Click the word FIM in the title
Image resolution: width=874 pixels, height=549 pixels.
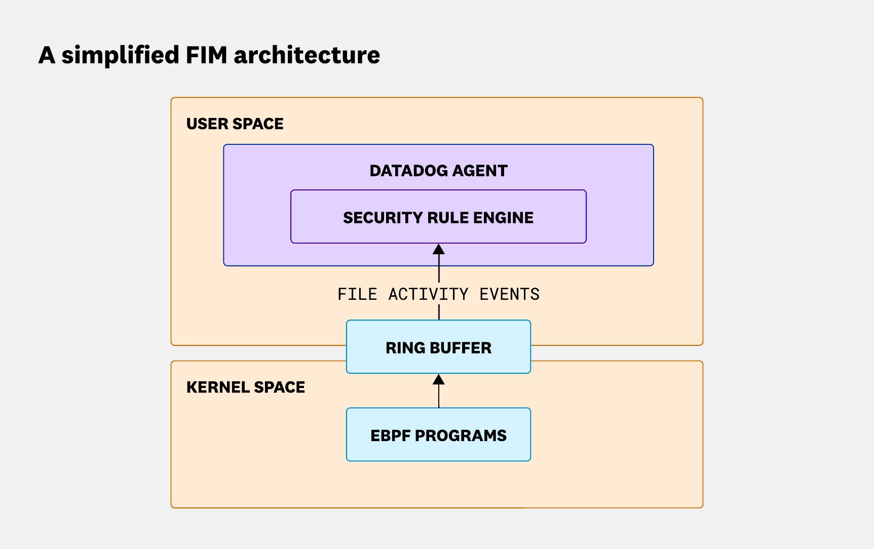pos(206,55)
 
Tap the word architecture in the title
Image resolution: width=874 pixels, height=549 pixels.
pos(307,55)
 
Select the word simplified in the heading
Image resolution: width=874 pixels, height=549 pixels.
pos(120,55)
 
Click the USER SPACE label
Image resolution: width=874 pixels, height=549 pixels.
pos(235,124)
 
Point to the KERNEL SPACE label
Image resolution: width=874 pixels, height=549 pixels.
pos(245,387)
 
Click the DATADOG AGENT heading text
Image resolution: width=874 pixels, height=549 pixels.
pos(438,171)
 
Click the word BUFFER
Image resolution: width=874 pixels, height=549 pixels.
pos(460,348)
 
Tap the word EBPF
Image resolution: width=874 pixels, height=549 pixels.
pos(390,436)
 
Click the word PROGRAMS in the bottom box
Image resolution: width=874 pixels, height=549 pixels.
pos(460,436)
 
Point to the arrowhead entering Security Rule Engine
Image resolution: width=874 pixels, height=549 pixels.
pos(439,249)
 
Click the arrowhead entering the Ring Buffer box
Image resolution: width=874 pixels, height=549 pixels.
pos(439,379)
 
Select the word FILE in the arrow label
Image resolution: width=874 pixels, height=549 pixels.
pos(357,294)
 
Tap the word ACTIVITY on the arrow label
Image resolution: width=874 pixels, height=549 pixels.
pos(428,294)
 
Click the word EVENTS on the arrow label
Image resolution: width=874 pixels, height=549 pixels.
pos(509,294)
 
